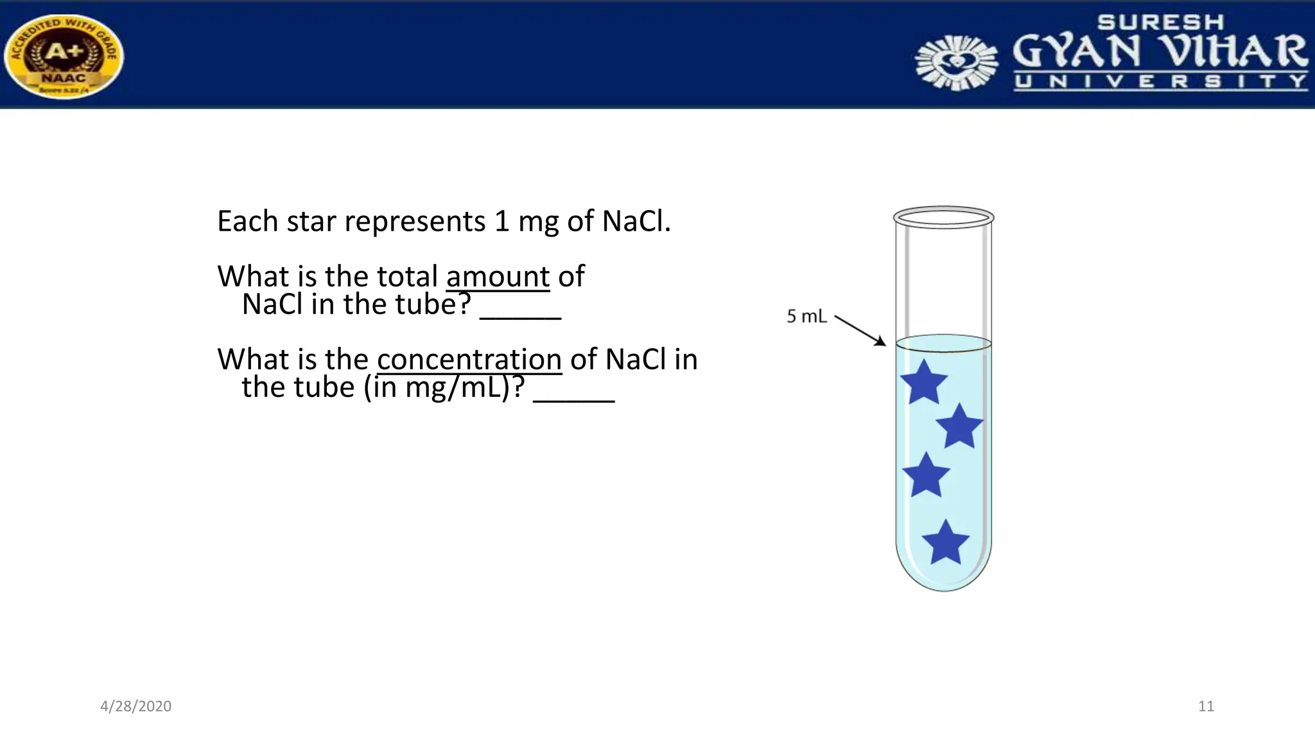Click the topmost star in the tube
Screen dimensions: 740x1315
923,383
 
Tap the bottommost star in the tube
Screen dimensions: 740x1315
945,543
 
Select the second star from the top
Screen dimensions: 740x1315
959,427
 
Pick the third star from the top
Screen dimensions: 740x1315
926,476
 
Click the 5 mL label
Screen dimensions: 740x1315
806,316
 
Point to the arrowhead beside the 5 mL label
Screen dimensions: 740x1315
880,342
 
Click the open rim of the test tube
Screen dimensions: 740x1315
943,217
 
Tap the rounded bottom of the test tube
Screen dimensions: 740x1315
943,581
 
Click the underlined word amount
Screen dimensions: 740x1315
498,277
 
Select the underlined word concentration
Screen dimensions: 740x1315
469,359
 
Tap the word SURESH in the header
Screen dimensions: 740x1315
1160,22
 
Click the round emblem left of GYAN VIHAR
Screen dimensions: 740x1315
957,62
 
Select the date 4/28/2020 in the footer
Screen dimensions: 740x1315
135,706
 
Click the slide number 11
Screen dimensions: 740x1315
1206,706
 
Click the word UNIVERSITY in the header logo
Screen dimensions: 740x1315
1160,82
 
